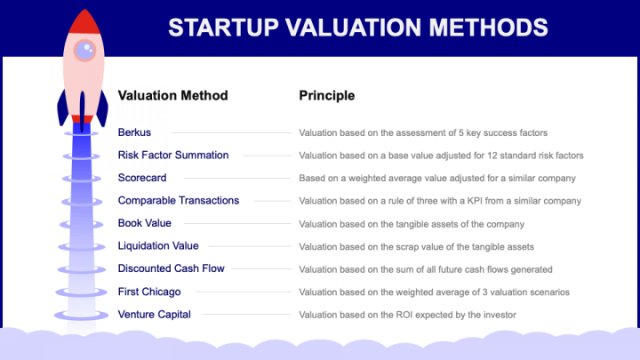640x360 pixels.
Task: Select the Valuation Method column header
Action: (x=172, y=96)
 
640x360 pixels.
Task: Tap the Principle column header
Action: (x=326, y=96)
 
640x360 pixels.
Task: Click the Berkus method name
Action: (x=134, y=132)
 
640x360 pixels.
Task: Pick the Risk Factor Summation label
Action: (x=173, y=156)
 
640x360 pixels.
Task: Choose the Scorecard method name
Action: (x=142, y=178)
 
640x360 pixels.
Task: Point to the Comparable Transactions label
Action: (x=178, y=201)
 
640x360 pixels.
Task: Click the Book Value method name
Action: (x=144, y=223)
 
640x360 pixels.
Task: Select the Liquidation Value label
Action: (x=158, y=246)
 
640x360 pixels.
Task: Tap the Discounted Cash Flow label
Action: (x=171, y=268)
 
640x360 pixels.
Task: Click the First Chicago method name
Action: (x=148, y=292)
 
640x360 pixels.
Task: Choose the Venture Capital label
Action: (x=154, y=314)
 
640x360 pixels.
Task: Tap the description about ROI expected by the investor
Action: (x=407, y=315)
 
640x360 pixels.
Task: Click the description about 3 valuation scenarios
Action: (x=434, y=292)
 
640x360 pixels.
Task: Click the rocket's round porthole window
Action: (x=84, y=51)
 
